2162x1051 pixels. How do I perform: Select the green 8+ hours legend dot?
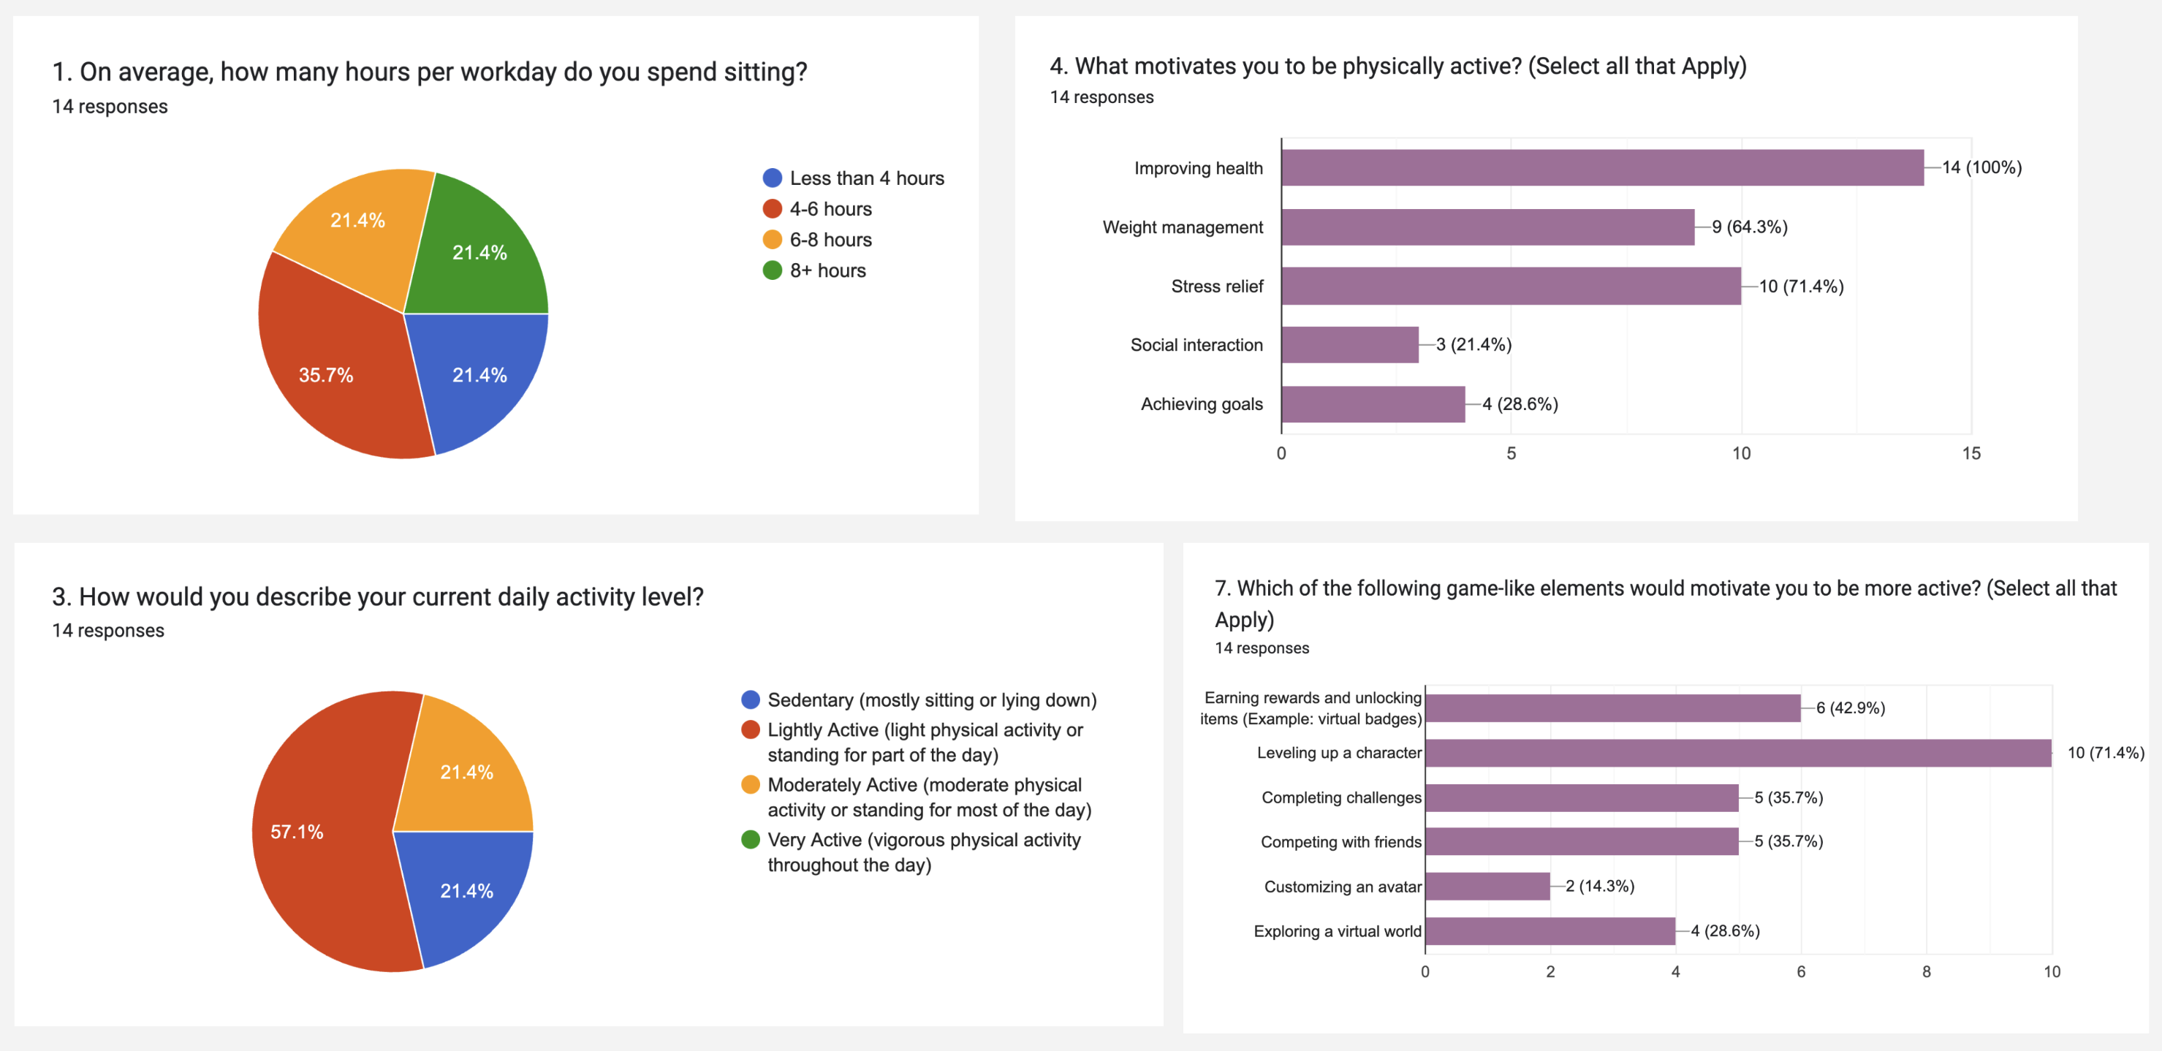point(771,270)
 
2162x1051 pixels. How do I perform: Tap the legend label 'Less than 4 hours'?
point(866,178)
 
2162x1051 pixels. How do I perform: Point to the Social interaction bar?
point(1349,345)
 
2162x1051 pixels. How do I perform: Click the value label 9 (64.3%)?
point(1749,227)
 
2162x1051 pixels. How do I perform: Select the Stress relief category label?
point(1216,287)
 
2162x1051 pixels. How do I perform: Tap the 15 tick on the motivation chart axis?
point(1971,453)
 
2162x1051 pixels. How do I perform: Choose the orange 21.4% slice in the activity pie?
point(466,773)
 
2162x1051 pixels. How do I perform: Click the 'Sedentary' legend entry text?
point(932,700)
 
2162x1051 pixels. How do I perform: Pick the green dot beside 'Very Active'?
point(751,840)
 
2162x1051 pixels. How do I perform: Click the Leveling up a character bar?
point(1737,753)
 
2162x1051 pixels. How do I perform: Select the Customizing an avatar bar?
point(1487,887)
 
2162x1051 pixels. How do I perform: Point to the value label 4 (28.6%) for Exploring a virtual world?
point(1725,931)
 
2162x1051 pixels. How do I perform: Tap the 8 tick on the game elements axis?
point(1926,971)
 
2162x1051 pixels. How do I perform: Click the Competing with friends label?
point(1340,842)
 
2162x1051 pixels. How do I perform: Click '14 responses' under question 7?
point(1262,648)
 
